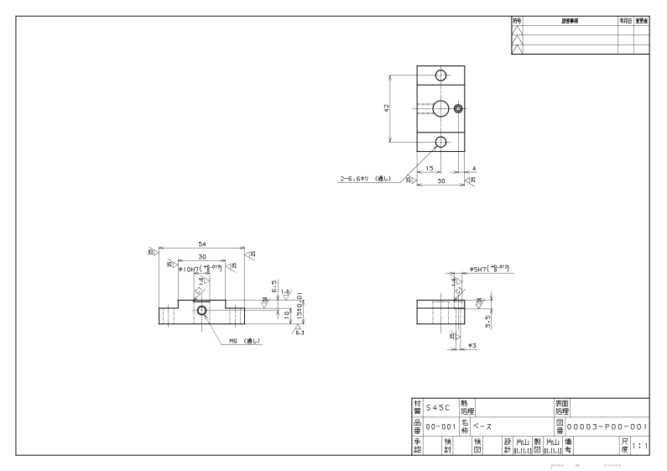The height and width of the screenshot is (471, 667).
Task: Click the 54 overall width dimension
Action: click(x=201, y=244)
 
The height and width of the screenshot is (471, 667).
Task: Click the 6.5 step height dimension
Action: click(x=274, y=285)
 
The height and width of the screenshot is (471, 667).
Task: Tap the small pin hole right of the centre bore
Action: click(x=458, y=108)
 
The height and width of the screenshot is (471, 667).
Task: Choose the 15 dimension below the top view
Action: click(x=430, y=168)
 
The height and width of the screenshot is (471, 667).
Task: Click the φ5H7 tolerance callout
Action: click(x=490, y=270)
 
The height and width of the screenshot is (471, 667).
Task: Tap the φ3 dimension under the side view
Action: click(x=472, y=345)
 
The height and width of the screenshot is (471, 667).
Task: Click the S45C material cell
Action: click(x=437, y=407)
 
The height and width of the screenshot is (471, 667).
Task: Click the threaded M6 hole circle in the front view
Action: click(x=201, y=311)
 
